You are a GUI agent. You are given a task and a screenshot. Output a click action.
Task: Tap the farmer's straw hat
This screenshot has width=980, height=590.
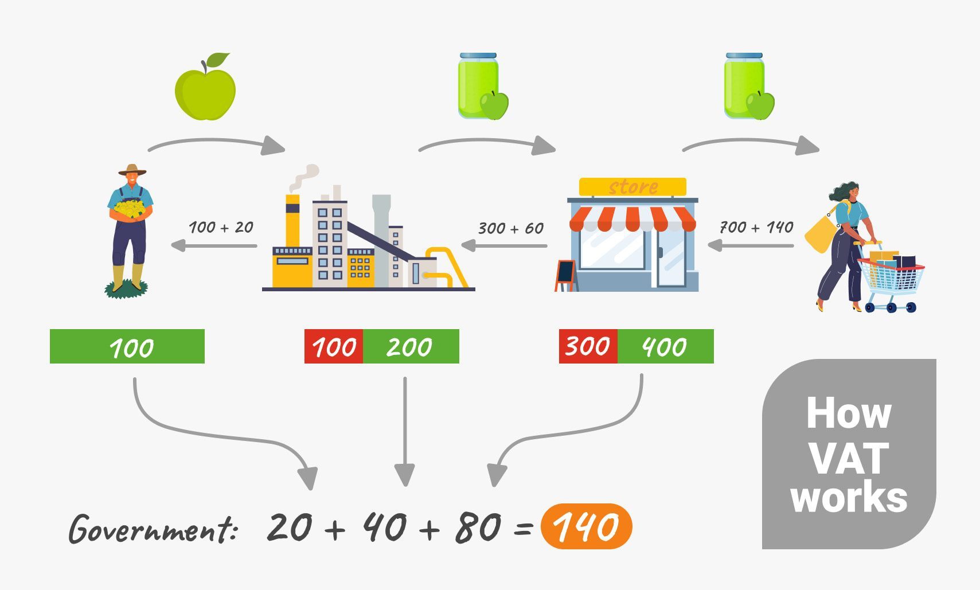tap(132, 170)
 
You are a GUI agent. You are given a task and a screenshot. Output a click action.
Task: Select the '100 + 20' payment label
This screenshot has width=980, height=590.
tap(221, 228)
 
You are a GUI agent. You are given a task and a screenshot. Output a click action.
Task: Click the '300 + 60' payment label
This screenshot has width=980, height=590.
tap(511, 228)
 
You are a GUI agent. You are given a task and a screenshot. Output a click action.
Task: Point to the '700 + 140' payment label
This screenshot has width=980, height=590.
tap(756, 228)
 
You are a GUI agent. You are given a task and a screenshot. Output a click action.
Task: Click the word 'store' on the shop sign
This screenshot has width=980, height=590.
tap(633, 187)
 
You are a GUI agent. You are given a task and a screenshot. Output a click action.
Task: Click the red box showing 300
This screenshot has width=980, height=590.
tap(588, 346)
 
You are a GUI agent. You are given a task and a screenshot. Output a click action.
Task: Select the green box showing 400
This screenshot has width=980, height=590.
tap(665, 346)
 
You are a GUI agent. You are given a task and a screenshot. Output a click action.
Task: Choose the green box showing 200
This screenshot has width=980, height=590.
tap(410, 346)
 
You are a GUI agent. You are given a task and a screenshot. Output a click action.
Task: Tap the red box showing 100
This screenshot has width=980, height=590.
tap(334, 346)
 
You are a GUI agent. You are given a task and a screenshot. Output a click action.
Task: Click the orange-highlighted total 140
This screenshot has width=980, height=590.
tap(586, 526)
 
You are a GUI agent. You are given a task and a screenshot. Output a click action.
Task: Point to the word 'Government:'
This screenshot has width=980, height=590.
tap(153, 529)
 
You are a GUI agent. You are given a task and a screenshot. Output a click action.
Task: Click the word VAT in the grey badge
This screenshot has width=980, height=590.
tap(848, 458)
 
